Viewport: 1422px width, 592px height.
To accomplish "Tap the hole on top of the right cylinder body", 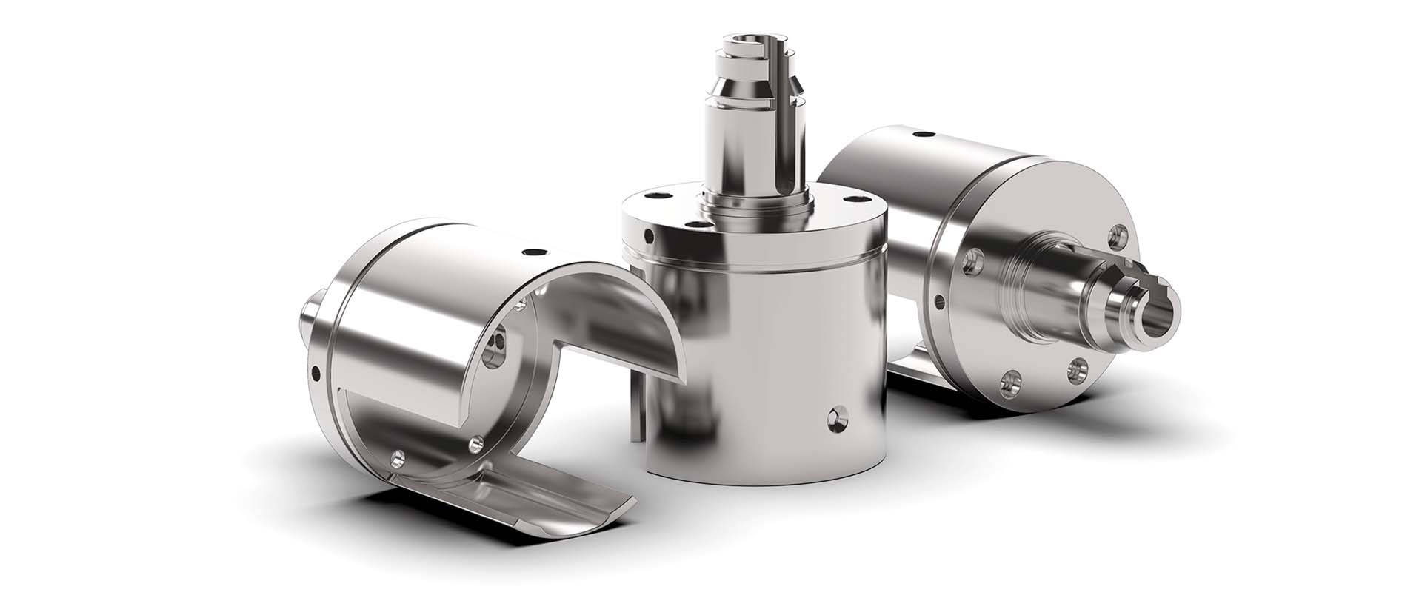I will point(922,135).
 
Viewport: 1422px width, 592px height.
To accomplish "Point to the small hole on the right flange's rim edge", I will point(941,301).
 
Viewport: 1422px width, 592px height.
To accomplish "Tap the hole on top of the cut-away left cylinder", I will point(527,249).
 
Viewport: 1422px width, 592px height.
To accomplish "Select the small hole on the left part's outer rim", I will point(316,370).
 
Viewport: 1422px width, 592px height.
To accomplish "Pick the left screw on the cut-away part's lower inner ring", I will point(400,458).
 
